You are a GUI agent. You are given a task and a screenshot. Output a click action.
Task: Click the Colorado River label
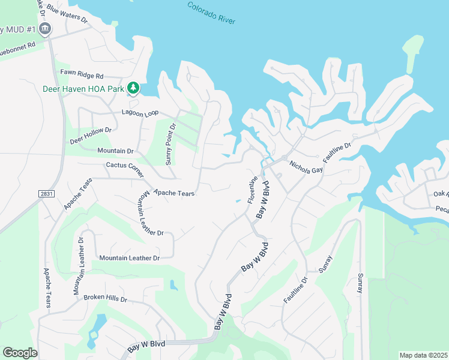pos(211,13)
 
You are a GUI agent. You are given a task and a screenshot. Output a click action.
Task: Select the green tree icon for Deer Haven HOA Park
pos(133,89)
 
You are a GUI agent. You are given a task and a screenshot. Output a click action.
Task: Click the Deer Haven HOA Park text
pos(83,89)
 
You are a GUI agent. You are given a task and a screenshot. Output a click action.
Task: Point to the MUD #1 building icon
pos(44,29)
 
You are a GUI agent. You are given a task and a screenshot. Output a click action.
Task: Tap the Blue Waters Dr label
pos(67,14)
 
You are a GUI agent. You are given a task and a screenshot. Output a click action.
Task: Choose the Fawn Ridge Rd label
pos(82,76)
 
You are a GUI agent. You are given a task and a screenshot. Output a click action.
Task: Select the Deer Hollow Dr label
pos(91,136)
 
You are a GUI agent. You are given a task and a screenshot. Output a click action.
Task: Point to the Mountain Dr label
pos(115,151)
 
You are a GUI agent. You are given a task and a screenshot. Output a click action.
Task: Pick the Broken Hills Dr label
pos(106,298)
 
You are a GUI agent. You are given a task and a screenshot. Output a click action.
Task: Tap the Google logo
pos(20,352)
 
